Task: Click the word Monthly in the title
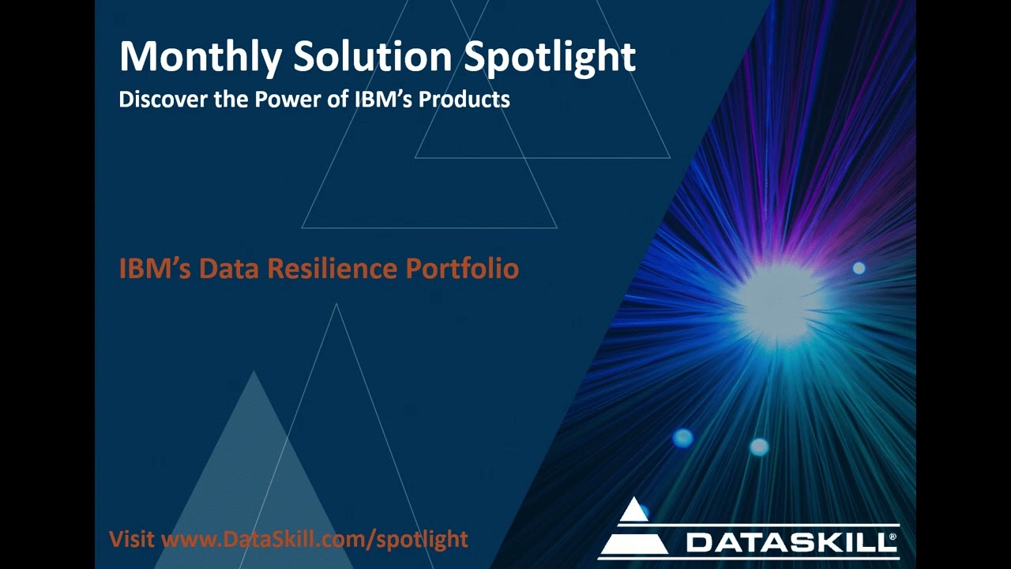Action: coord(201,57)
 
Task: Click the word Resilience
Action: coord(333,269)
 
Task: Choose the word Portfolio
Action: coord(462,269)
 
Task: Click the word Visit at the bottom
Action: coord(132,540)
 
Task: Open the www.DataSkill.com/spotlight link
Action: coord(314,540)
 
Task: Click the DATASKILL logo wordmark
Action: coord(790,542)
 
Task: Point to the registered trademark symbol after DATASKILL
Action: coord(893,537)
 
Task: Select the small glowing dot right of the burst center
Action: coord(859,269)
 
